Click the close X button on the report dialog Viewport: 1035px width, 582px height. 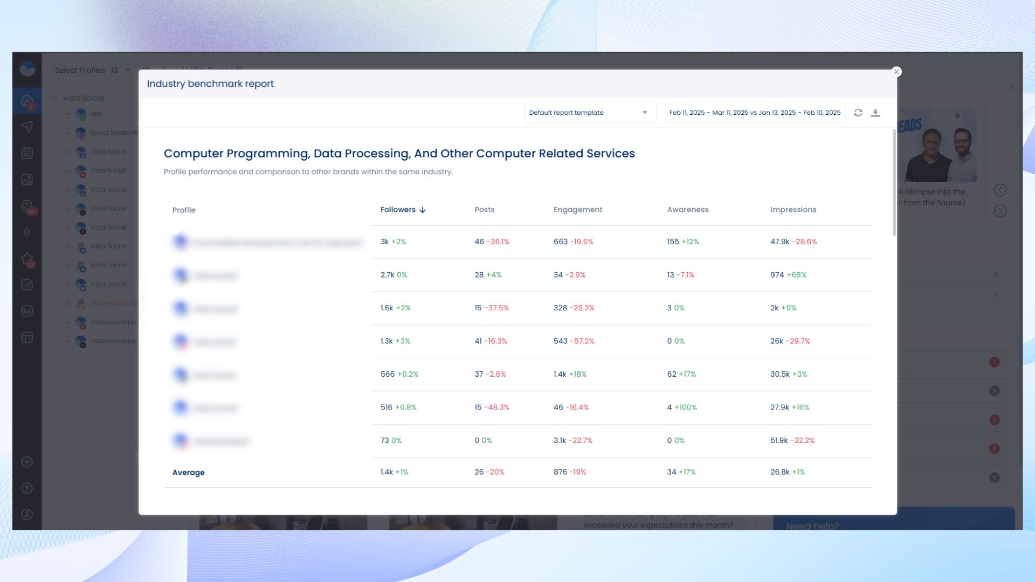[896, 72]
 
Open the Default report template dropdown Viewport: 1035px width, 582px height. [590, 113]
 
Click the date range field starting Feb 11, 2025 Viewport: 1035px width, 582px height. [754, 113]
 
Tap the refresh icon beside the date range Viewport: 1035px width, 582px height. [858, 113]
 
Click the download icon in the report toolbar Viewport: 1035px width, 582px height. [875, 113]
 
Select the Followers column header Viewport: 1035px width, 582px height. [402, 210]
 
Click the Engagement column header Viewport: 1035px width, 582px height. [577, 210]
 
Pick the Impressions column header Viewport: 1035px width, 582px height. [792, 210]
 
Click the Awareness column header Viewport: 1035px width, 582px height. [687, 210]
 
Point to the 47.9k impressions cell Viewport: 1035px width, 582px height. [793, 241]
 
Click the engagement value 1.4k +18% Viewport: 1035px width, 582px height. [570, 374]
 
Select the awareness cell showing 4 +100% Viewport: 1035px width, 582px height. [681, 407]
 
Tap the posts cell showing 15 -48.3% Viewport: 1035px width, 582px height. [491, 407]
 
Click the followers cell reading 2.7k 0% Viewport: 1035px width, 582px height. [393, 275]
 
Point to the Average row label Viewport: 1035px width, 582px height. [188, 473]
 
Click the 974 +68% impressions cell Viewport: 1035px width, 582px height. [788, 275]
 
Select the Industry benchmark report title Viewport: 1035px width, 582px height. [210, 84]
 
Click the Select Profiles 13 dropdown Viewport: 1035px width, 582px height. [92, 70]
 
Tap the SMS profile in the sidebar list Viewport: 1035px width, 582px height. [96, 114]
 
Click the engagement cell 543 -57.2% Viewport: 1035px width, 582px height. [574, 341]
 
